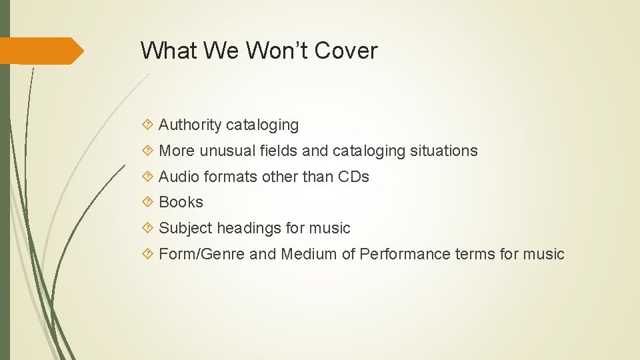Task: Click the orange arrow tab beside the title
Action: click(x=42, y=51)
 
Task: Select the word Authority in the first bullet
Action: click(x=190, y=125)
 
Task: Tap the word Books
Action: click(x=181, y=202)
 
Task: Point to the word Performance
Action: click(x=405, y=254)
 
